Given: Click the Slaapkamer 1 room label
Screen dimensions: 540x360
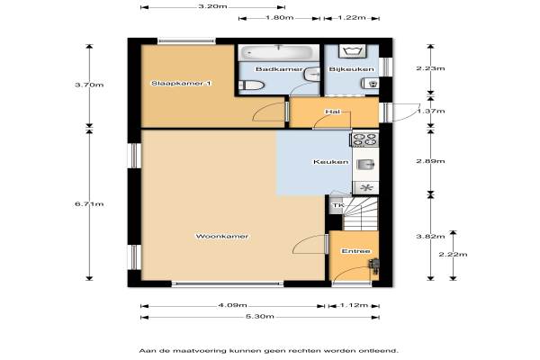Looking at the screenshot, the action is [x=182, y=84].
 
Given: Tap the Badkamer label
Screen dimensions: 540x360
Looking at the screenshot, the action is [x=279, y=69].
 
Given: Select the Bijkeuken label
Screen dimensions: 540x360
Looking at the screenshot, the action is [x=351, y=69].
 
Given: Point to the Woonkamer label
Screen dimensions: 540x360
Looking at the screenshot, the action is [x=221, y=237].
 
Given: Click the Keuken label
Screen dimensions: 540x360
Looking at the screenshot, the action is [x=330, y=162].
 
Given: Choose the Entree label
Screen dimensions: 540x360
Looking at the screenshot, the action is [x=355, y=251].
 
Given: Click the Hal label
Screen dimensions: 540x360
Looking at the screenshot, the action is [x=333, y=112].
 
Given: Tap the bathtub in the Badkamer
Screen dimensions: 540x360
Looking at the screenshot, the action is [x=279, y=53].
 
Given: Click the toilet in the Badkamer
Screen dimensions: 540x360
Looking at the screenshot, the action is [x=252, y=85].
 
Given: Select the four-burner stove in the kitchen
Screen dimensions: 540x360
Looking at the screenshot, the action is [x=365, y=139].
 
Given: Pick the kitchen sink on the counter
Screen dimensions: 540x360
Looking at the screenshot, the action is [x=365, y=165].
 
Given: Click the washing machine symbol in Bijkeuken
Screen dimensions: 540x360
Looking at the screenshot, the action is [x=352, y=51].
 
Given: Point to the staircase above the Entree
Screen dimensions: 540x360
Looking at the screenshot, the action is [x=360, y=213].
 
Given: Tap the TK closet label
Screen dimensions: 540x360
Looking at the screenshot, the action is [x=337, y=206].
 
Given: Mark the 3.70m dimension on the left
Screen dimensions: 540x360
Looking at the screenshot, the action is [x=89, y=85].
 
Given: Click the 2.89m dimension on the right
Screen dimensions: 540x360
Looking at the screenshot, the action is [x=430, y=161].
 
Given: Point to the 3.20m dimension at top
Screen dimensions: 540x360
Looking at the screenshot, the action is [x=212, y=6].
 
